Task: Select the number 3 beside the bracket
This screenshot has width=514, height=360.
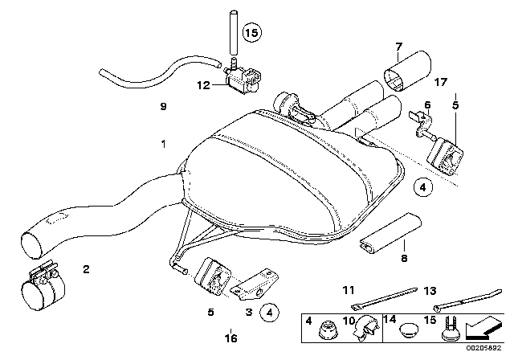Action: (x=250, y=311)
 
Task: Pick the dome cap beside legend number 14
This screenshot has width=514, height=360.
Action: (x=410, y=329)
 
